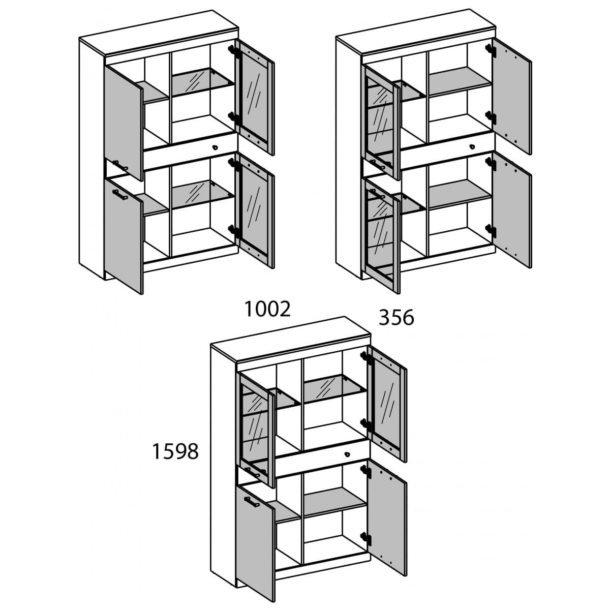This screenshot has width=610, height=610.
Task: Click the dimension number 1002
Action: pos(267,309)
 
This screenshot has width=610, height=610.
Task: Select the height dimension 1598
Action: pos(175,451)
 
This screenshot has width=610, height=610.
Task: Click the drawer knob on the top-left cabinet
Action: pos(215,147)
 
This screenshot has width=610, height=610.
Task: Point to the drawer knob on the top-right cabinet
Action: pos(472,147)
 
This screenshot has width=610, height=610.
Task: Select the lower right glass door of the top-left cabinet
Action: pos(255,211)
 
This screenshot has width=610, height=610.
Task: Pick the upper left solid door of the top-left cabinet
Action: pos(124,123)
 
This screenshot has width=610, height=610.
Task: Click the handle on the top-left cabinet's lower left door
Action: pos(120,194)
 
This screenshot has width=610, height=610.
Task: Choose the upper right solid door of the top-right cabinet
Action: pos(512,97)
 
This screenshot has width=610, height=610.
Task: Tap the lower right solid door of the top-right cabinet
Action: pos(512,210)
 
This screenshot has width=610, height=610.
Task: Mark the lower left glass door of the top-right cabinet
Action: pos(381,236)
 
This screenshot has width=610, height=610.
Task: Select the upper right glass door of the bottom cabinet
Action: pos(387,404)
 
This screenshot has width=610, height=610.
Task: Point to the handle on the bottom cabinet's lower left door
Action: pos(252,501)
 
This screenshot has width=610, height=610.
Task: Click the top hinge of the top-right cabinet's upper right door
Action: pos(490,50)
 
